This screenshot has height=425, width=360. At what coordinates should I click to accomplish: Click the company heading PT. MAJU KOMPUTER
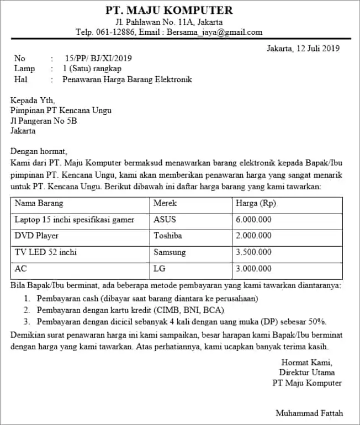tap(169, 10)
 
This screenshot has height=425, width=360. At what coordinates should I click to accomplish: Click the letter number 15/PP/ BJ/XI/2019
tap(98, 59)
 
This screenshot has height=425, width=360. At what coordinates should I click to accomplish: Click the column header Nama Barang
tap(39, 204)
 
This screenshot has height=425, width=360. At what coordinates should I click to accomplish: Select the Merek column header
tap(165, 204)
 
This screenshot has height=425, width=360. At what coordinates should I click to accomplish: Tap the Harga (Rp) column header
tap(256, 204)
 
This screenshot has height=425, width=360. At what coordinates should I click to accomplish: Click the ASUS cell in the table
tap(165, 220)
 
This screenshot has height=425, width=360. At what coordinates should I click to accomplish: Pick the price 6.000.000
tap(253, 220)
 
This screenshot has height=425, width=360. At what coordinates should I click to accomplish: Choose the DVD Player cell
tap(36, 236)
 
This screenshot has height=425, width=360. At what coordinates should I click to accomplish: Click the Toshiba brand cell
tap(168, 236)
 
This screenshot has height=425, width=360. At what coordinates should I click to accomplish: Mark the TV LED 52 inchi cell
tap(46, 252)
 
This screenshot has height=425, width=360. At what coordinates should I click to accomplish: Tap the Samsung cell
tap(170, 252)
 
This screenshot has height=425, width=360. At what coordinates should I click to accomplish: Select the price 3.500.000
tap(253, 252)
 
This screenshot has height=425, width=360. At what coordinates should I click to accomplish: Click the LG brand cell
tap(160, 269)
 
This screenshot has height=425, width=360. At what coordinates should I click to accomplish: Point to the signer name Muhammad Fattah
tap(309, 413)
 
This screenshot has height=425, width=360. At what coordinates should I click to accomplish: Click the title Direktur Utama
tap(310, 373)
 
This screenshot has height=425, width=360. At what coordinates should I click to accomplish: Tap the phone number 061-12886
tap(116, 32)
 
